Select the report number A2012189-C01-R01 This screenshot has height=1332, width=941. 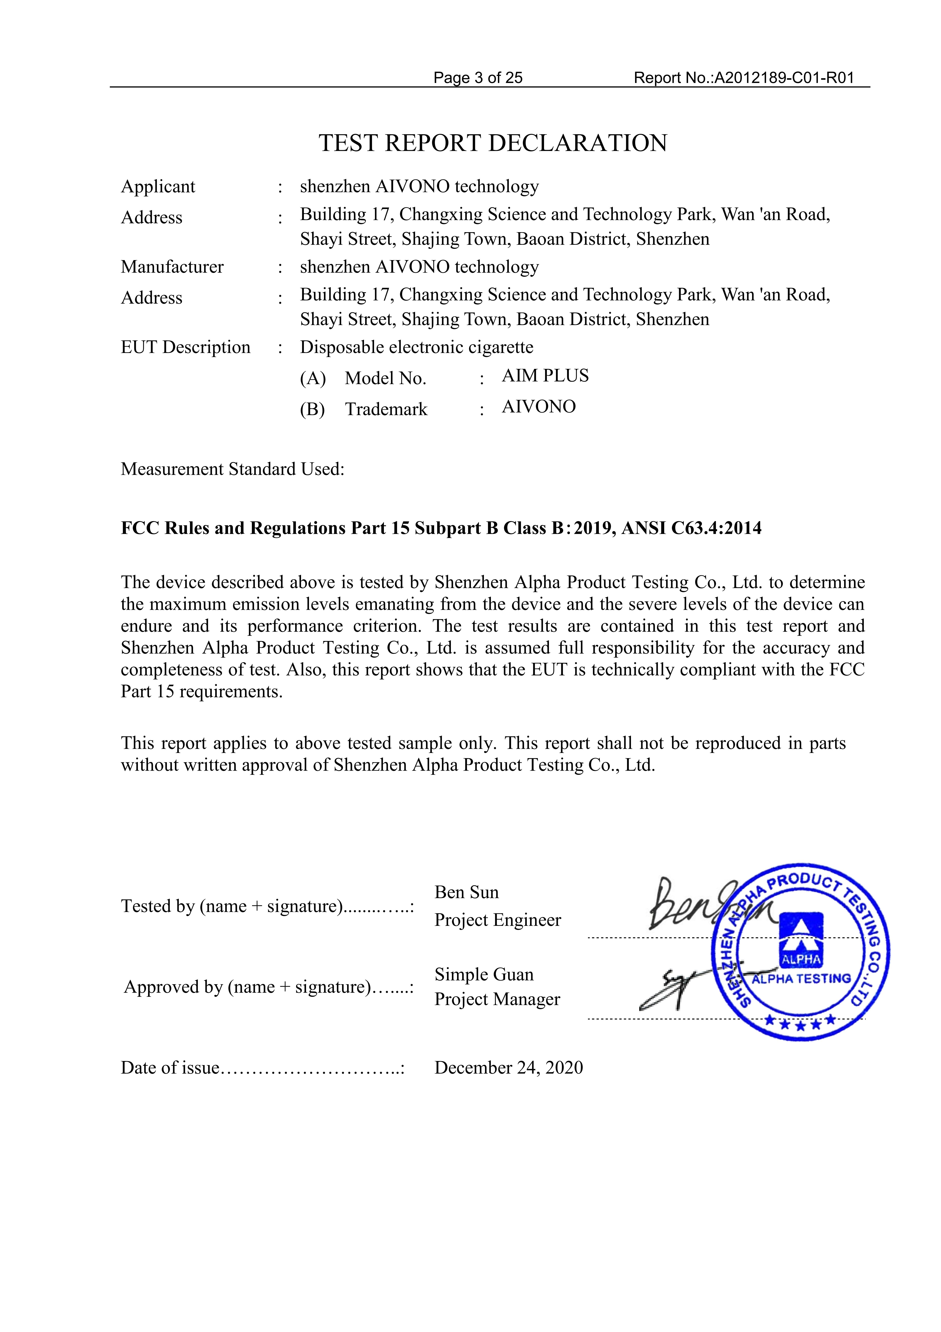(784, 78)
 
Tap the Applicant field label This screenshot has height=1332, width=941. (158, 187)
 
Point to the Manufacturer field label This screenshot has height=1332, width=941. (172, 267)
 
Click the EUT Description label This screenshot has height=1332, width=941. (186, 347)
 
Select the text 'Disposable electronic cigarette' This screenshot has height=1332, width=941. (416, 347)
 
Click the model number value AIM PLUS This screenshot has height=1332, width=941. (545, 376)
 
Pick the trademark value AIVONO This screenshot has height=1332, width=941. (539, 407)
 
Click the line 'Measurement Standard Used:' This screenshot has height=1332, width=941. (233, 469)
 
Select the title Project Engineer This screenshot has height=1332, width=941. (498, 920)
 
